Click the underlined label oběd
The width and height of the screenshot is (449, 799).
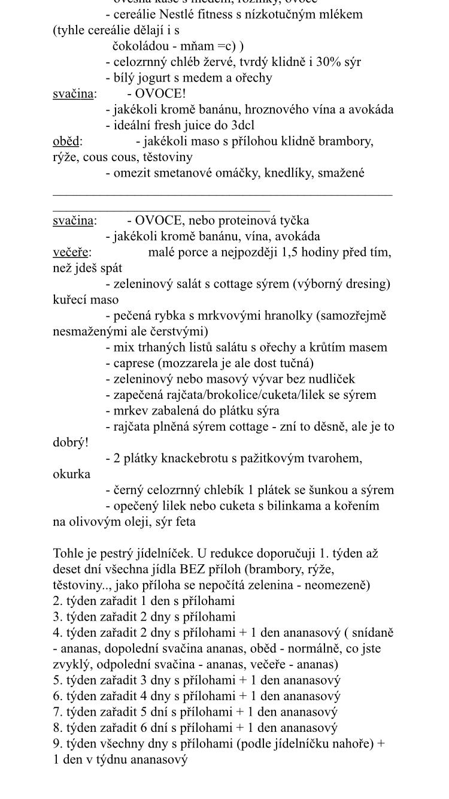pos(66,141)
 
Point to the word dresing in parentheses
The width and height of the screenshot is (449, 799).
pos(366,284)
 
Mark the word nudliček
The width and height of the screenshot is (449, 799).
pos(329,379)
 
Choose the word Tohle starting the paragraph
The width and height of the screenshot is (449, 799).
pos(68,553)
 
